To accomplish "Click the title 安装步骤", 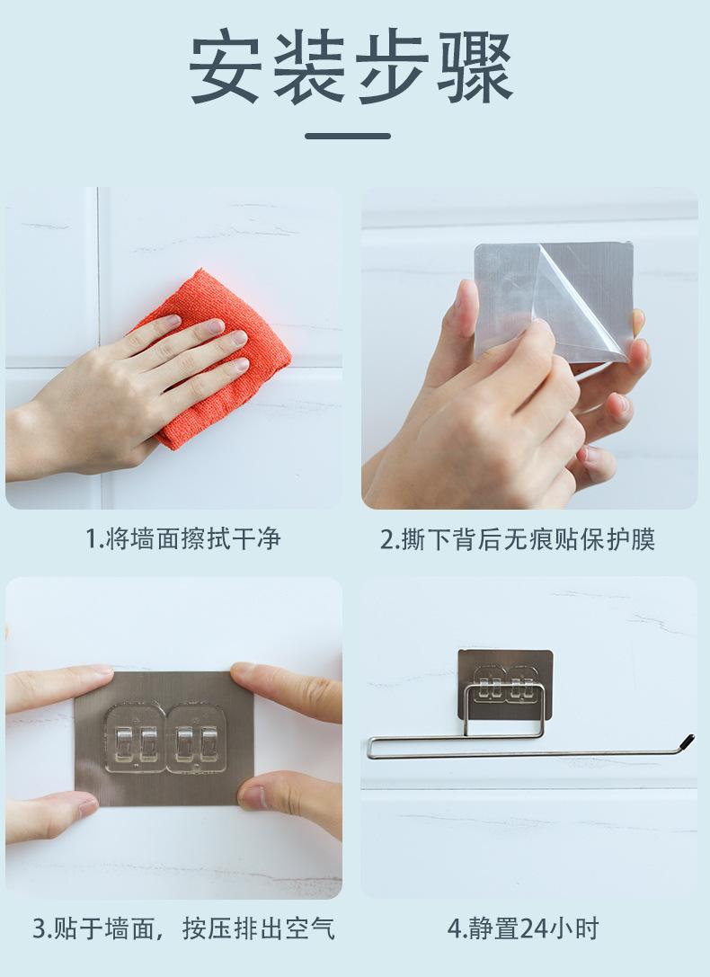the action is coord(351,67).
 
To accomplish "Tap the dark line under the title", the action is coord(348,136).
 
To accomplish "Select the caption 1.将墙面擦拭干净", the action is coord(182,539).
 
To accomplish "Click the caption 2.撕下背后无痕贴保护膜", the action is coord(518,539).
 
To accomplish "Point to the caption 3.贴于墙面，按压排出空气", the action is coord(183,928).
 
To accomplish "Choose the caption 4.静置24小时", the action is coord(522,928).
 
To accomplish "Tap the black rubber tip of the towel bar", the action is coord(687,742).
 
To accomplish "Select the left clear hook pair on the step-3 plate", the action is coord(135,738).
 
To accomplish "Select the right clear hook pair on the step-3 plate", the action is coord(196,738).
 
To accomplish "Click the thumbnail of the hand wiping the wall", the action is coord(173,348).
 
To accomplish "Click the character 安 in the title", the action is coord(225,67).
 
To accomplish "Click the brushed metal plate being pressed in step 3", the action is coord(164,738).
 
